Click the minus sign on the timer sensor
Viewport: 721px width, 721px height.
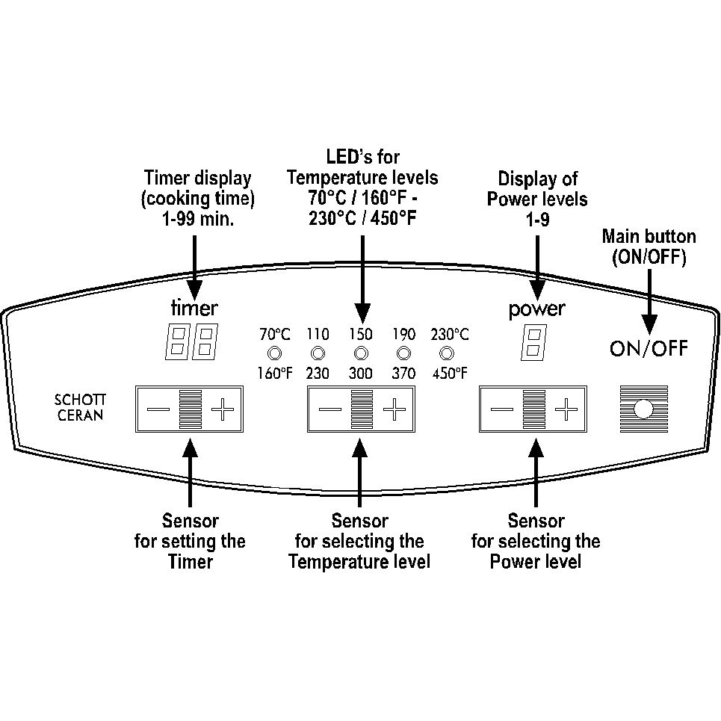[158, 409]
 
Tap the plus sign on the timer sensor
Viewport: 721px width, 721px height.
[223, 409]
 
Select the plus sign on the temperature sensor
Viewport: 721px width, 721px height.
[394, 409]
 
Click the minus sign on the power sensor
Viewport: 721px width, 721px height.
[502, 409]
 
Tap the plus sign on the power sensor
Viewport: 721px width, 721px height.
[566, 409]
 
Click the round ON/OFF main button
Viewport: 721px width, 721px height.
[643, 409]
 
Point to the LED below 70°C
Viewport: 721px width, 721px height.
[274, 353]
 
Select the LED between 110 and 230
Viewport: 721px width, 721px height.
[318, 353]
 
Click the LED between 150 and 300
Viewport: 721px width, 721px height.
[361, 353]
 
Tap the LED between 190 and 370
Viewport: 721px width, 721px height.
[403, 353]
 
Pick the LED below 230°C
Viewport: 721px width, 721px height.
[447, 353]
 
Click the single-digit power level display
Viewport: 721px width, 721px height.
[534, 342]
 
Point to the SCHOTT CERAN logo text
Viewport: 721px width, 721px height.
[80, 407]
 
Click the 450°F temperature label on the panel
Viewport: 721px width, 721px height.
[450, 373]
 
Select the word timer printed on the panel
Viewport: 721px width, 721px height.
[194, 308]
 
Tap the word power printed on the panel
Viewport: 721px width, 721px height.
[536, 310]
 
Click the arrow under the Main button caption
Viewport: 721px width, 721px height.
[649, 302]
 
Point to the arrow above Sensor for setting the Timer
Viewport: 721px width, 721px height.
[190, 472]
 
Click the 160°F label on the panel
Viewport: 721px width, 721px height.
[274, 373]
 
